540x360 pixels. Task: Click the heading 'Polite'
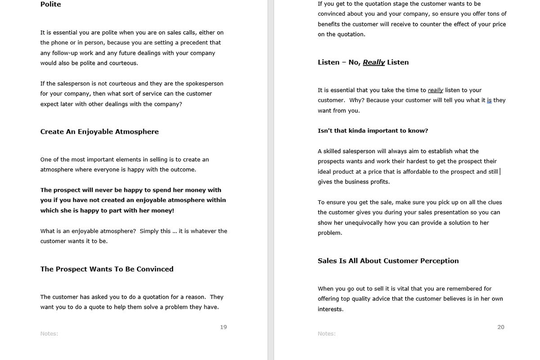click(x=50, y=4)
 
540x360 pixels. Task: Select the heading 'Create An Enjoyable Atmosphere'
click(x=99, y=132)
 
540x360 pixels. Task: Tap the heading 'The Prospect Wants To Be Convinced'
click(x=107, y=269)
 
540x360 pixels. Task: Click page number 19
click(x=223, y=327)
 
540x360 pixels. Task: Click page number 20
click(x=501, y=327)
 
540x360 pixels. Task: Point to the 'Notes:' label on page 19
click(x=49, y=333)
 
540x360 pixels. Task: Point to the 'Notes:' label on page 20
click(x=327, y=333)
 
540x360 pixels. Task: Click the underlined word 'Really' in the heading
click(x=373, y=63)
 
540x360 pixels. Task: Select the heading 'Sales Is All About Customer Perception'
click(x=388, y=261)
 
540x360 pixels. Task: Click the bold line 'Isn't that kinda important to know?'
click(x=373, y=131)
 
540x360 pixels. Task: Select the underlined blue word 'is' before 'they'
click(x=489, y=100)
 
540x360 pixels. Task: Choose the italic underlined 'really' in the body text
click(x=435, y=90)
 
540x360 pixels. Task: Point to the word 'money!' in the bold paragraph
click(x=162, y=211)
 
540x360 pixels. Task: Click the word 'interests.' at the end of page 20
click(x=330, y=309)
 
